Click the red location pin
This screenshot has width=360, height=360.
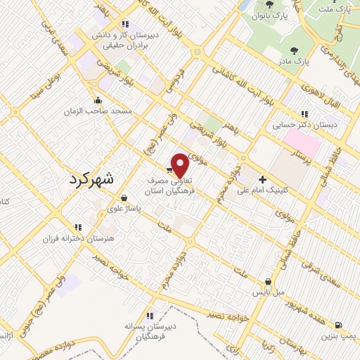point(181,165)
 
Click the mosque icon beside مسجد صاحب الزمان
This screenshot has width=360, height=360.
point(96,99)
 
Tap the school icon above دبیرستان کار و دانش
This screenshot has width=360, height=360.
point(124,23)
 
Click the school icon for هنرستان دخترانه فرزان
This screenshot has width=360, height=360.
point(78,226)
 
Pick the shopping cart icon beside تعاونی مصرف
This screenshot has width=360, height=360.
point(169,169)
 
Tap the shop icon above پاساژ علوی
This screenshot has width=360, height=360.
point(124,197)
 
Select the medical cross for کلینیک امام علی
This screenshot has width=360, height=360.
point(262,179)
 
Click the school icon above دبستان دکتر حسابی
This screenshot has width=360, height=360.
point(304,113)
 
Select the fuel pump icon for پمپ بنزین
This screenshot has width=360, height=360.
point(340,325)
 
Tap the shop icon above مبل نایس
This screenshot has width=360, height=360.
point(267,281)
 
